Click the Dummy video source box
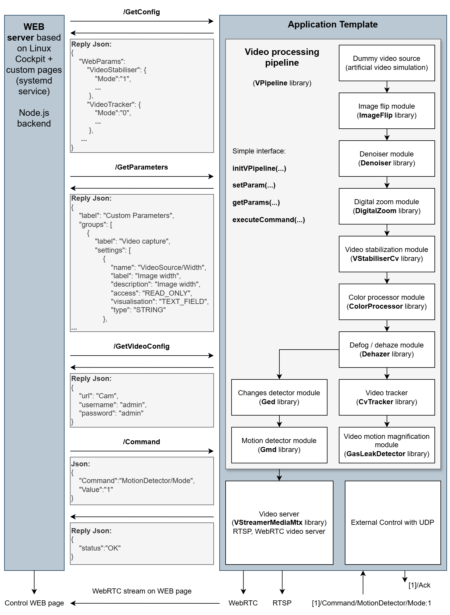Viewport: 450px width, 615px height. pyautogui.click(x=387, y=63)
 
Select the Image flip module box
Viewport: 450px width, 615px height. pyautogui.click(x=387, y=111)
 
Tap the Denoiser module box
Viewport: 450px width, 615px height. pyautogui.click(x=387, y=159)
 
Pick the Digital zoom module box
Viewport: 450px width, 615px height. pyautogui.click(x=387, y=206)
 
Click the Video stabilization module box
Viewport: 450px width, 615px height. pyautogui.click(x=387, y=254)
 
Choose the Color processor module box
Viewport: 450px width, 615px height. pyautogui.click(x=387, y=302)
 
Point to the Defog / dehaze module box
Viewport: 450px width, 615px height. pyautogui.click(x=387, y=350)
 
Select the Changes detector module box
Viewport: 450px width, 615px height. pyautogui.click(x=279, y=397)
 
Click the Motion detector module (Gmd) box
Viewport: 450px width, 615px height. pyautogui.click(x=279, y=445)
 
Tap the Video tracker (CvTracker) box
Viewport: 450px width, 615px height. pyautogui.click(x=387, y=397)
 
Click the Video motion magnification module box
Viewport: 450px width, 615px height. pyautogui.click(x=387, y=445)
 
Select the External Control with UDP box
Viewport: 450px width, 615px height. pyautogui.click(x=393, y=522)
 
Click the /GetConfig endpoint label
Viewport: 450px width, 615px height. pyautogui.click(x=141, y=12)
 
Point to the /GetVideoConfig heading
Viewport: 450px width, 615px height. pyautogui.click(x=141, y=346)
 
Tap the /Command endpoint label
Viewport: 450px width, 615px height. pyautogui.click(x=141, y=442)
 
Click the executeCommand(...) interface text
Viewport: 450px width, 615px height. pyautogui.click(x=269, y=220)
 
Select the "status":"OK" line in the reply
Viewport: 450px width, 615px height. pyautogui.click(x=100, y=548)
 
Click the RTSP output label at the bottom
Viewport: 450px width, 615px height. pyautogui.click(x=282, y=603)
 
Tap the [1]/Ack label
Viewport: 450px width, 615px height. pyautogui.click(x=419, y=585)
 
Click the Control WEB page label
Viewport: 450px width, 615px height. pyautogui.click(x=34, y=603)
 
